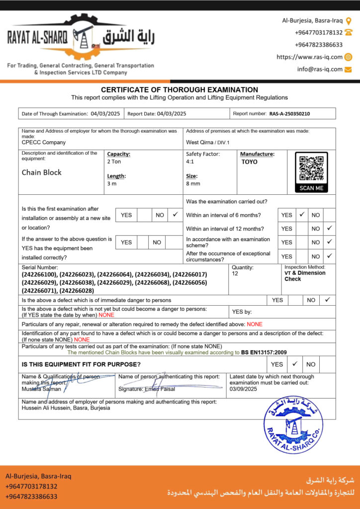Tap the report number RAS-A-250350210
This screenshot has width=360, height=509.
pyautogui.click(x=289, y=114)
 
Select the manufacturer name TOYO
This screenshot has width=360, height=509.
pyautogui.click(x=250, y=162)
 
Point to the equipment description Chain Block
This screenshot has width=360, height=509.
pyautogui.click(x=42, y=172)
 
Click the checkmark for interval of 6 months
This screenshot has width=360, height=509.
pyautogui.click(x=302, y=215)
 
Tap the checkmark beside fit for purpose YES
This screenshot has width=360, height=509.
pyautogui.click(x=295, y=363)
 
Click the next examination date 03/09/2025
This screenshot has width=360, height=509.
pyautogui.click(x=243, y=389)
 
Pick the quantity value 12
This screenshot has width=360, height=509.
pyautogui.click(x=235, y=274)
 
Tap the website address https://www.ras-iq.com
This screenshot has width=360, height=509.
pyautogui.click(x=309, y=57)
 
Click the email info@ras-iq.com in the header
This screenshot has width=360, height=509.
pyautogui.click(x=320, y=69)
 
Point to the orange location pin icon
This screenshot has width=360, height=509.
pyautogui.click(x=349, y=21)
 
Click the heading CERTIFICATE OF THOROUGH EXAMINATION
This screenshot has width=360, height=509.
pyautogui.click(x=180, y=90)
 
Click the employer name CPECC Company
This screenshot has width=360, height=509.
pyautogui.click(x=44, y=142)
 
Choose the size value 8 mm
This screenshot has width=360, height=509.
pyautogui.click(x=193, y=184)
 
